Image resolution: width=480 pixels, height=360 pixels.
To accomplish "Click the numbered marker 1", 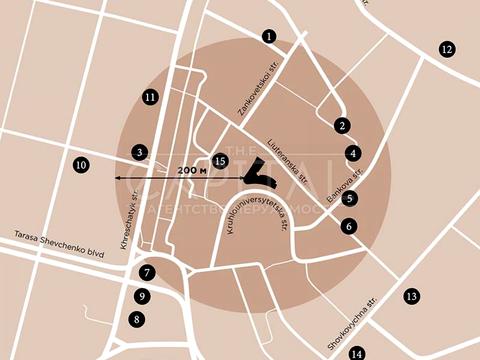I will click(x=269, y=36).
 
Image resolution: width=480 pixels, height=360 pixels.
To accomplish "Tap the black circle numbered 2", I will click(x=342, y=126).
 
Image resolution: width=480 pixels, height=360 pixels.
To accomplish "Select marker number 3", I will click(x=140, y=152).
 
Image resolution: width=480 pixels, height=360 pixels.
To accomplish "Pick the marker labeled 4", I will click(x=353, y=153).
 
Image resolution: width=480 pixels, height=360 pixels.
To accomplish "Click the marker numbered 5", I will click(x=349, y=198).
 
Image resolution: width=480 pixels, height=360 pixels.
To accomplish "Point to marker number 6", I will click(x=348, y=226).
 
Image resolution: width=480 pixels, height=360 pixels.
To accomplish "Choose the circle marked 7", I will click(x=147, y=272).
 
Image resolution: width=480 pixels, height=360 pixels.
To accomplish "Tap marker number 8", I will click(x=137, y=320).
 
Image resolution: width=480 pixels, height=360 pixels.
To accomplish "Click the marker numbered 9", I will click(x=143, y=296).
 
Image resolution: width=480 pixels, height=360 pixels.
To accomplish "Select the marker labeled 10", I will click(x=81, y=164).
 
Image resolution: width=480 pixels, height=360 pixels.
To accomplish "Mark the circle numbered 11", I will click(x=150, y=97).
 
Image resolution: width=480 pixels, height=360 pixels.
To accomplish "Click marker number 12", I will click(x=446, y=49).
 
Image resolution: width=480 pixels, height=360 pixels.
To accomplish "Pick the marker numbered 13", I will click(x=410, y=296).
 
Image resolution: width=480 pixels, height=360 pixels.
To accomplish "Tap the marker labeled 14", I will click(x=356, y=353).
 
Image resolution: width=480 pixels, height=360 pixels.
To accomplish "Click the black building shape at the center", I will click(x=258, y=173).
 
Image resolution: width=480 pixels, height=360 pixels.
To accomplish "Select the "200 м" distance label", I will click(x=191, y=170).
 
